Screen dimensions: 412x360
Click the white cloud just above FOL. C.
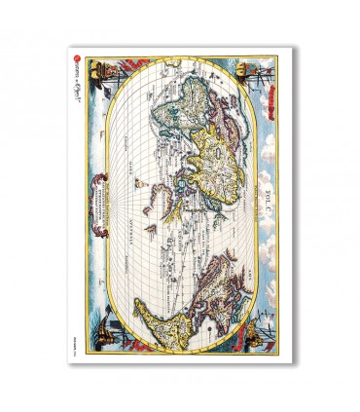pos(275,170)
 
